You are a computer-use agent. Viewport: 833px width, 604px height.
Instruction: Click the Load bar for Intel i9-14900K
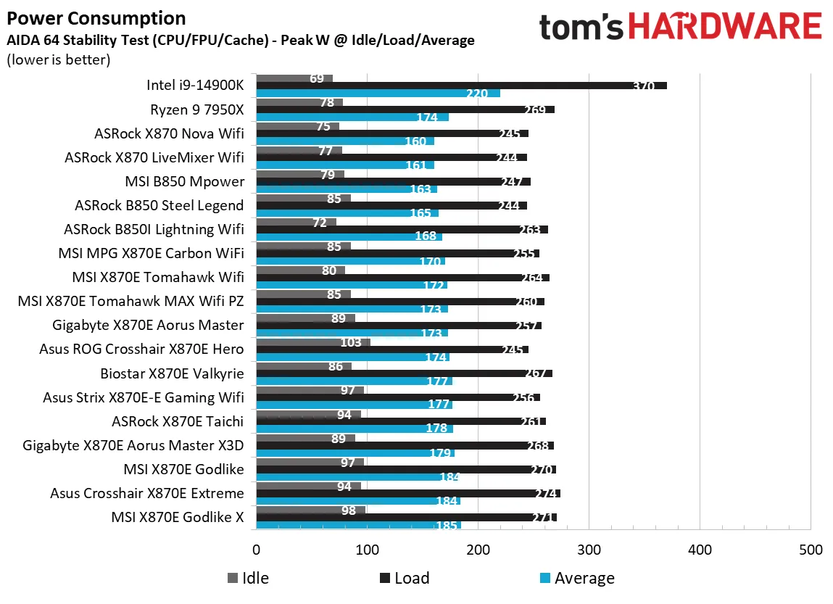coord(461,86)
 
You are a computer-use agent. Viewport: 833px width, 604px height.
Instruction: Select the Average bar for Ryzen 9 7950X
coord(352,117)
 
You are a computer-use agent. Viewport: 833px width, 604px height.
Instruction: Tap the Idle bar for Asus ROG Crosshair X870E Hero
coord(313,342)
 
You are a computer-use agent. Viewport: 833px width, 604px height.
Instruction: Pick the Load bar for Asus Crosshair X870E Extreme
coord(408,494)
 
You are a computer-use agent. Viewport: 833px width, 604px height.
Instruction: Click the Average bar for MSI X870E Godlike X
coord(358,525)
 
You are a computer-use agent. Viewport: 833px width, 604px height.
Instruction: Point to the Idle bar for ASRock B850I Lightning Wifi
coord(297,222)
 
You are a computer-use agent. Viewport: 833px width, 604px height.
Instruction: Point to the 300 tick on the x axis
coord(589,550)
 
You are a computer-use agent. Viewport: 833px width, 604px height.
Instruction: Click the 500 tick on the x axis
coord(810,550)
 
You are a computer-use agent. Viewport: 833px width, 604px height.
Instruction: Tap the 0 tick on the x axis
coord(257,550)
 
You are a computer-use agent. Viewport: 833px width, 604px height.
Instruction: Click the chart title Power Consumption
coord(96,18)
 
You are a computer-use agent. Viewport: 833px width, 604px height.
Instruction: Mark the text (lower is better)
coord(58,59)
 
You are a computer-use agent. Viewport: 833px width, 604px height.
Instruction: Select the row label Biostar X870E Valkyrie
coord(172,373)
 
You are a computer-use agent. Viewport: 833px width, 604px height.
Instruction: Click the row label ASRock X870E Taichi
coord(178,421)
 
